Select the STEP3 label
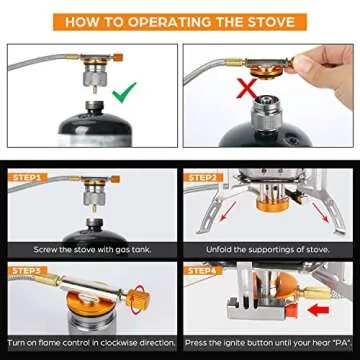pyautogui.click(x=27, y=270)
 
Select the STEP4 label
pyautogui.click(x=207, y=270)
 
